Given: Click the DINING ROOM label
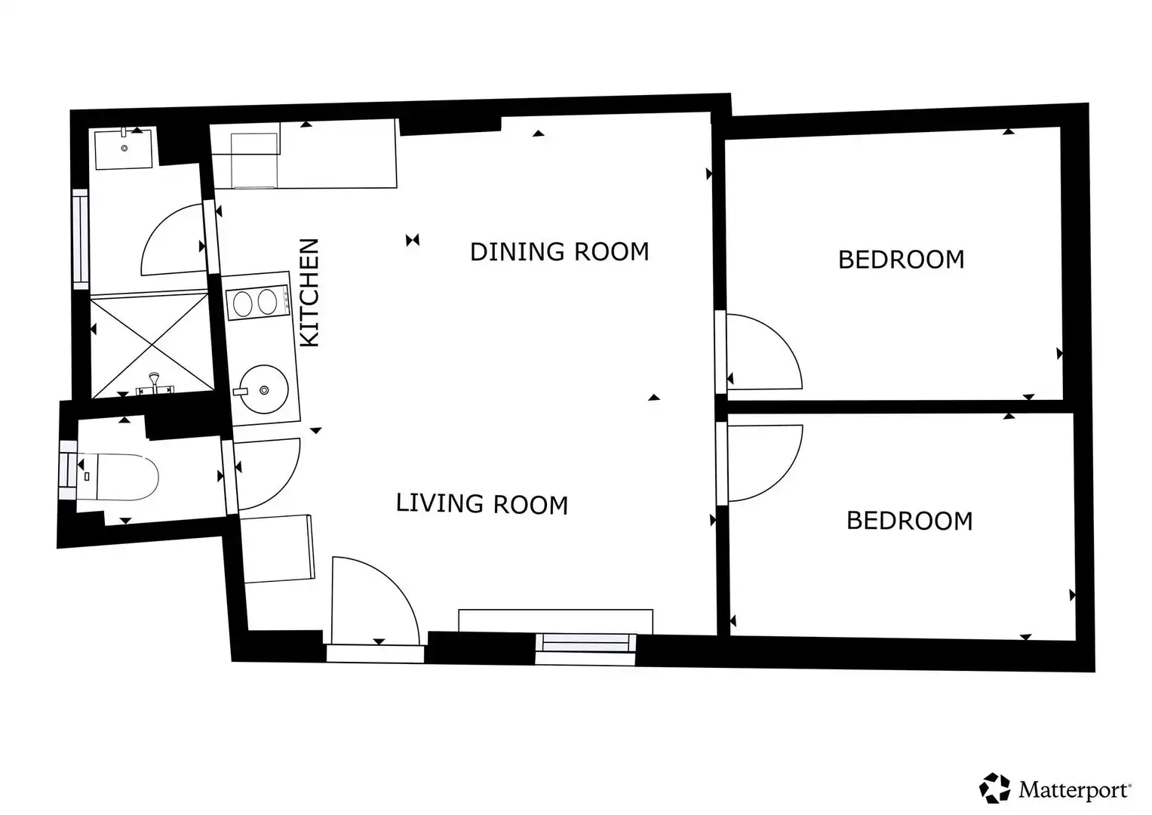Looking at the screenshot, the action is pyautogui.click(x=560, y=251).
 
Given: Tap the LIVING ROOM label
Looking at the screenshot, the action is pyautogui.click(x=482, y=504).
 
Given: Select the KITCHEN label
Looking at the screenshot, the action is pyautogui.click(x=309, y=292).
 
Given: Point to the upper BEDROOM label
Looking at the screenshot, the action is pyautogui.click(x=901, y=260).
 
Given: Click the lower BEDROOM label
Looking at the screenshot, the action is pyautogui.click(x=909, y=521).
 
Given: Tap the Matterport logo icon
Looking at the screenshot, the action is pyautogui.click(x=994, y=788).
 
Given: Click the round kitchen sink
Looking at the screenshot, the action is pyautogui.click(x=264, y=389).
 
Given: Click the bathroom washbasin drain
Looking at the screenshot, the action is pyautogui.click(x=124, y=148).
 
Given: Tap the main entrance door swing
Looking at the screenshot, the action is pyautogui.click(x=376, y=601).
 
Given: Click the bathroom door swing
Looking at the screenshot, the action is pyautogui.click(x=174, y=240).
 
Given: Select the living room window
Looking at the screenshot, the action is pyautogui.click(x=585, y=649).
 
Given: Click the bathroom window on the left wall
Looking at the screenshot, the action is pyautogui.click(x=81, y=239).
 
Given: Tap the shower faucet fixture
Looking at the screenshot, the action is pyautogui.click(x=155, y=385).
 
